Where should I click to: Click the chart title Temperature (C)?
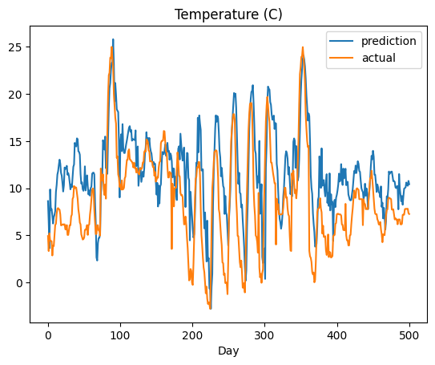coord(228,14)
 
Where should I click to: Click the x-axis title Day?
coord(228,351)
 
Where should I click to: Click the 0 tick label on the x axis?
coord(48,335)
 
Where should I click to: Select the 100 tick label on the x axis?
coord(120,335)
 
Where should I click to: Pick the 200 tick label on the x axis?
coord(192,335)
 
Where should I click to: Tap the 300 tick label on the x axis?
coord(264,335)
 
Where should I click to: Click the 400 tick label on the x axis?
coord(336,335)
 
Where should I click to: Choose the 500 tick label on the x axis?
coord(409,335)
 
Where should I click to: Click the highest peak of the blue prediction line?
coord(113,39)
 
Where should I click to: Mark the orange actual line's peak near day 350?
coord(302,47)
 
